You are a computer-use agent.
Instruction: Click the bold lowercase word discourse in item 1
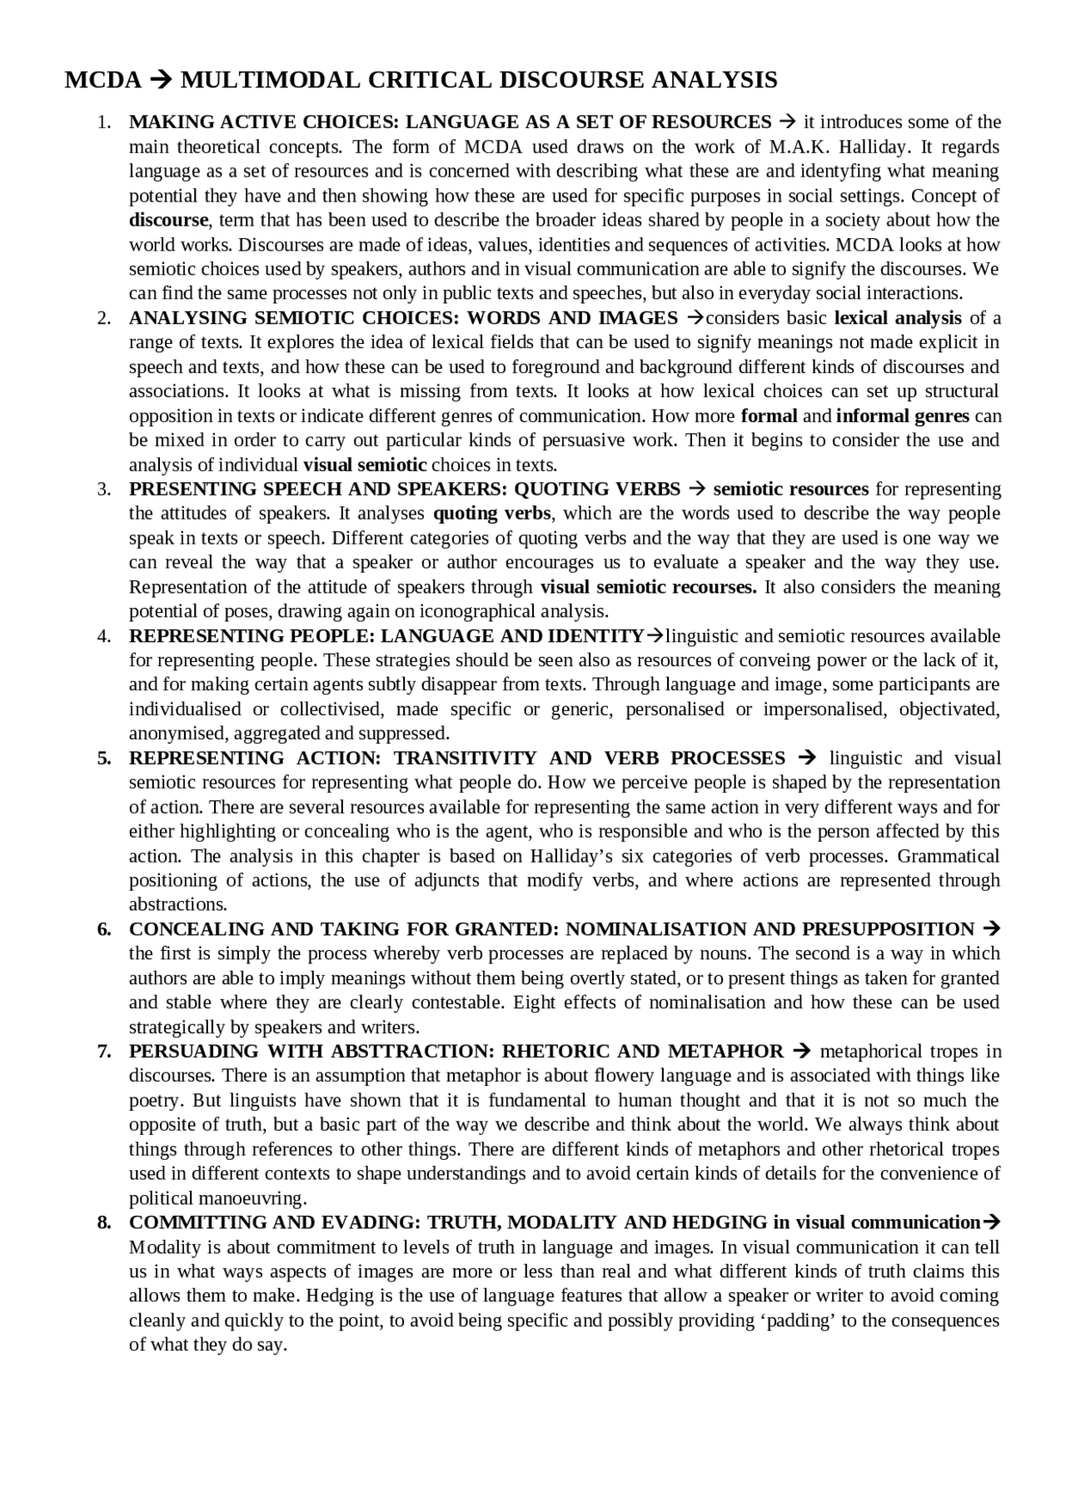click(x=168, y=221)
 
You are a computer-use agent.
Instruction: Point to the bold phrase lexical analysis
click(x=898, y=318)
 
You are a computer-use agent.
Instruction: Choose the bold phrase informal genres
click(x=903, y=416)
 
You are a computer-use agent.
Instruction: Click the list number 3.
click(x=104, y=490)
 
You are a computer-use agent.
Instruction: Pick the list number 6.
click(x=104, y=929)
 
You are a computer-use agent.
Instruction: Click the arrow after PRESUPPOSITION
click(x=991, y=929)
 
